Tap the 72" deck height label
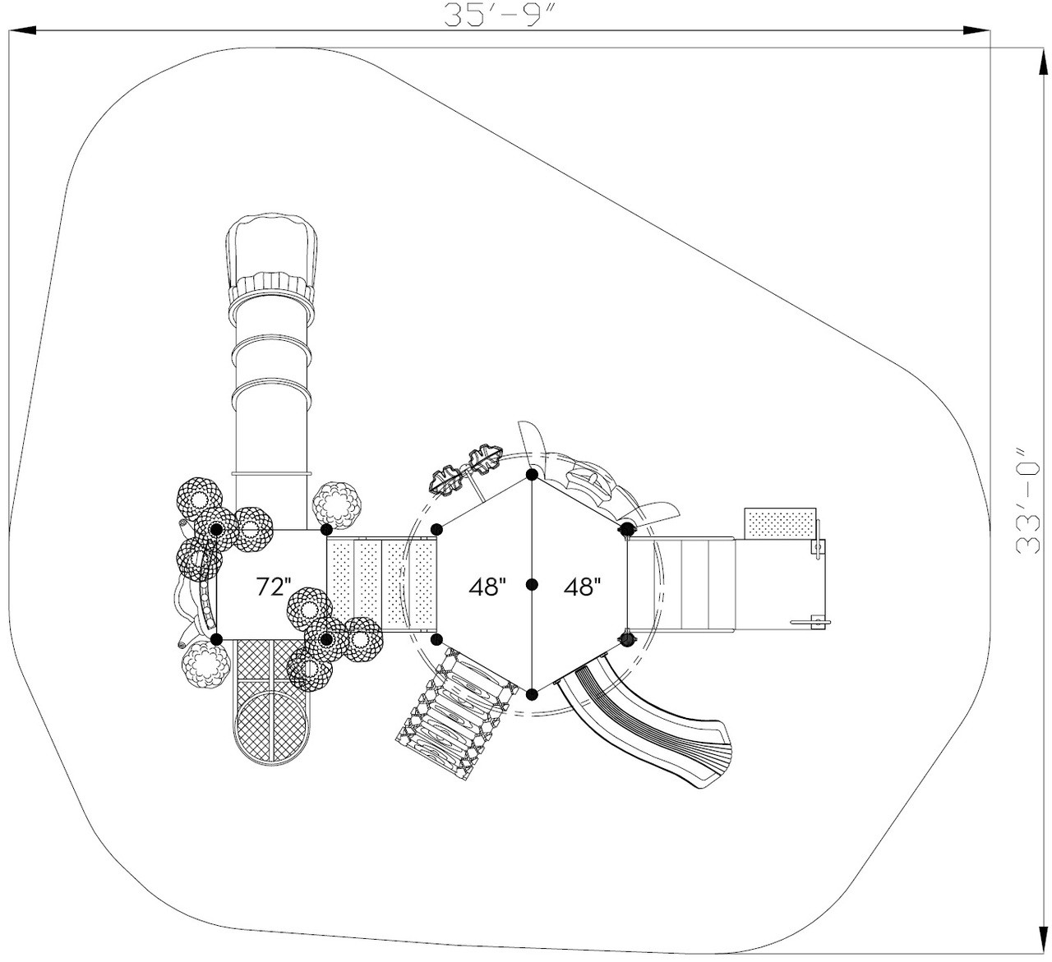[x=273, y=587]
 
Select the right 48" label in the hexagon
[x=583, y=587]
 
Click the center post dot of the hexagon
[x=533, y=584]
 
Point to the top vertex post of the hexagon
[x=533, y=475]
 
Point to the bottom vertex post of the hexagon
[x=533, y=693]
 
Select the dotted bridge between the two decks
[x=381, y=584]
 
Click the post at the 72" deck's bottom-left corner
[x=216, y=639]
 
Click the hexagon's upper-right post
[x=627, y=529]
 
